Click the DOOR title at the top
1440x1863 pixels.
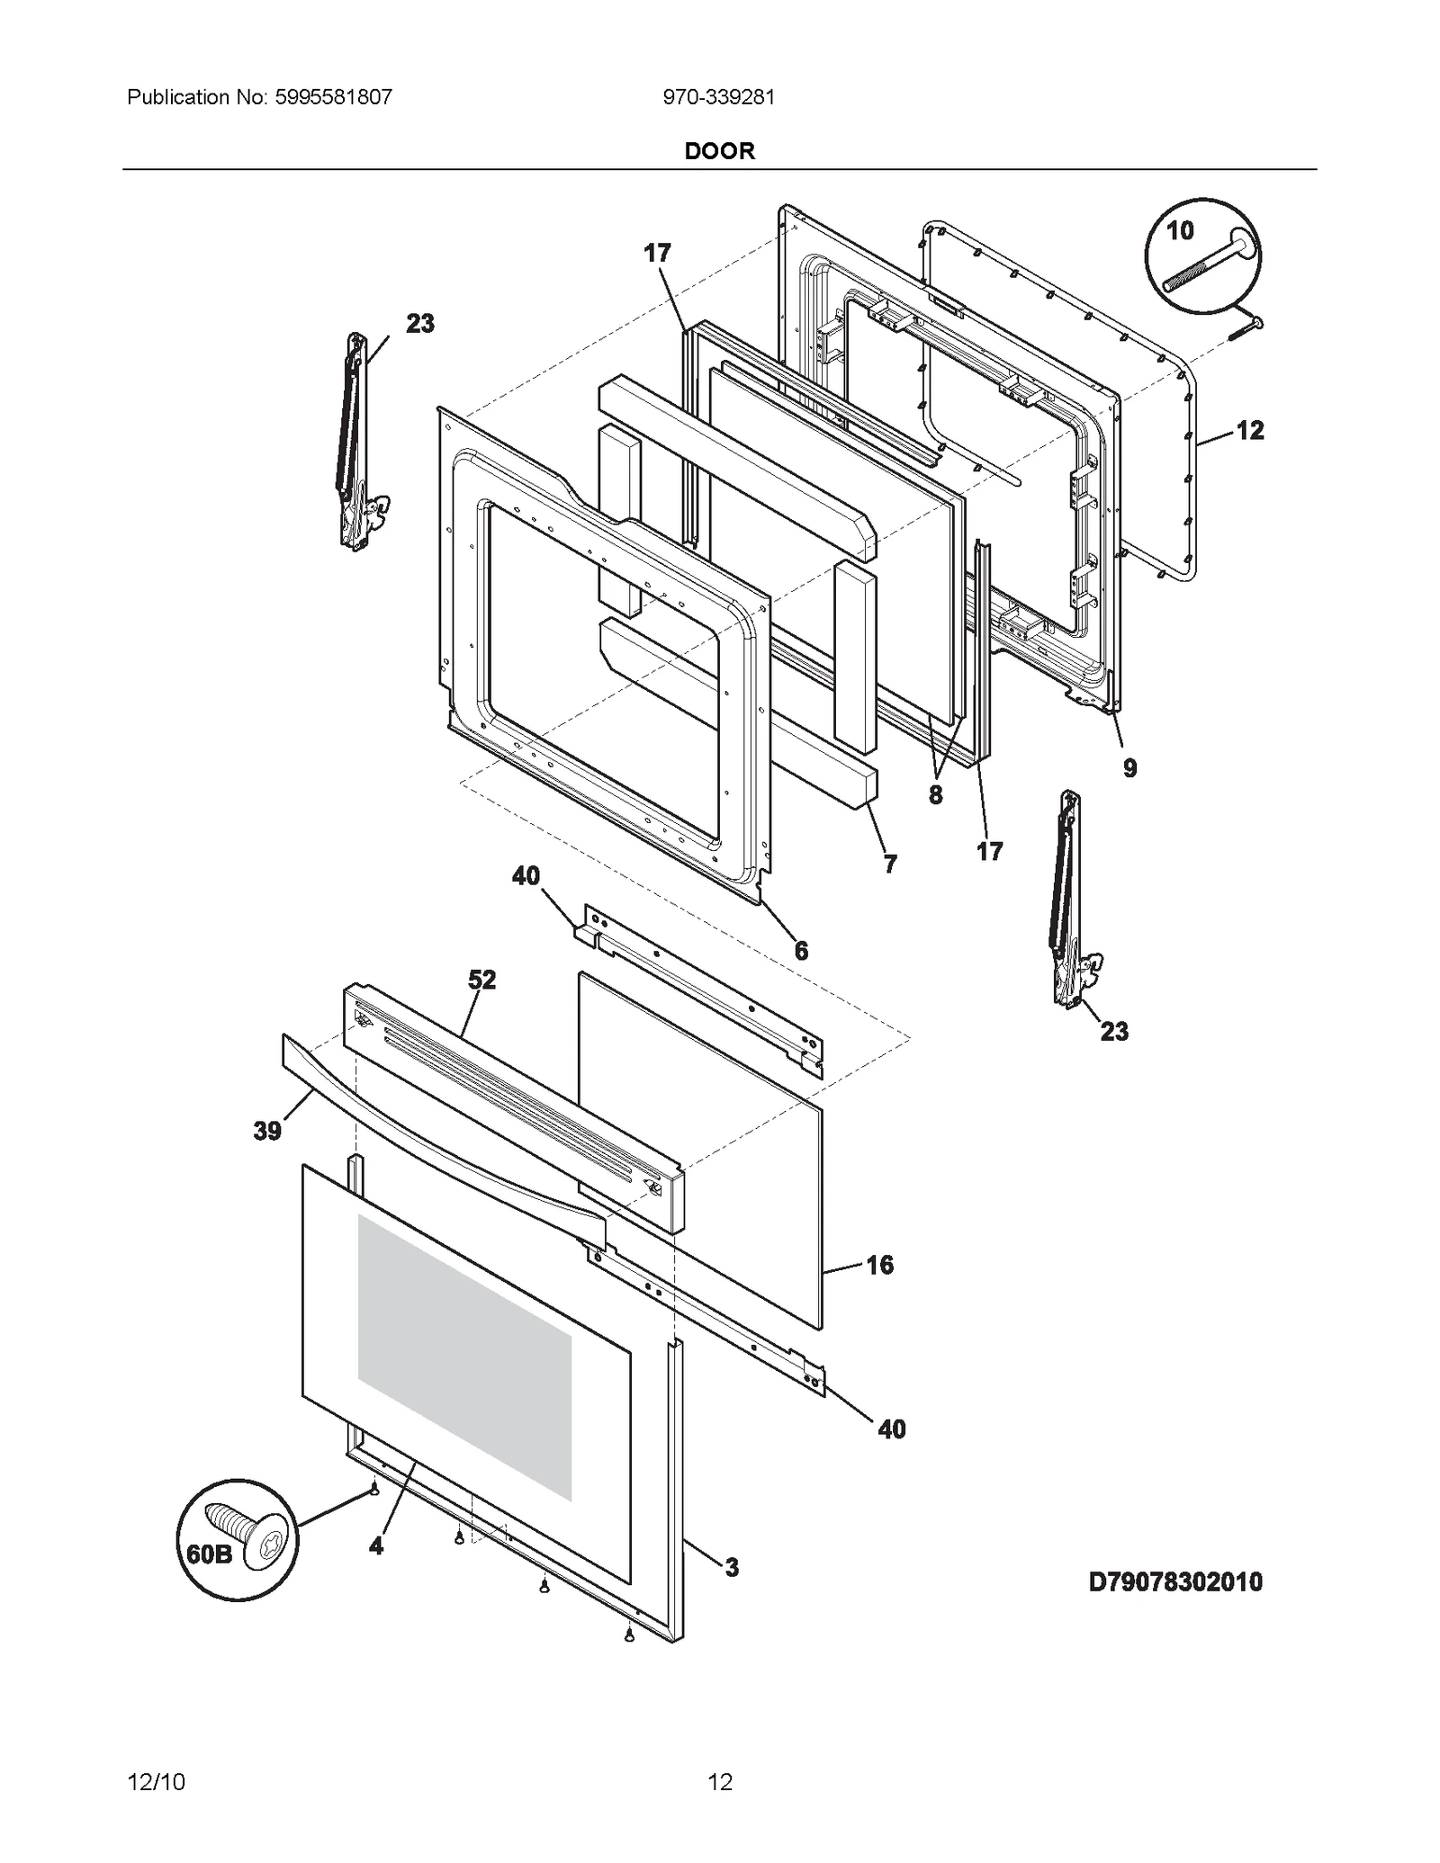click(719, 151)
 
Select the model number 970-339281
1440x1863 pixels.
click(718, 97)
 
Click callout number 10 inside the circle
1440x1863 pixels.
click(1180, 231)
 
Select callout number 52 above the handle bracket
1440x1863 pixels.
click(481, 980)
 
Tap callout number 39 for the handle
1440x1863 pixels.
click(267, 1131)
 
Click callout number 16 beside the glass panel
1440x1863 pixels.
click(879, 1265)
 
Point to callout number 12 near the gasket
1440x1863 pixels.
click(1250, 431)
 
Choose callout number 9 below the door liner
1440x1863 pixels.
click(1129, 768)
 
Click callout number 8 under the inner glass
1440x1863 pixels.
click(936, 794)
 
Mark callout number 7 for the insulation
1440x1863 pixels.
click(890, 864)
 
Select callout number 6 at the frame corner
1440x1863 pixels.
click(801, 950)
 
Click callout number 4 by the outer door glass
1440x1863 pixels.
click(375, 1545)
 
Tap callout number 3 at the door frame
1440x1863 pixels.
click(732, 1567)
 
